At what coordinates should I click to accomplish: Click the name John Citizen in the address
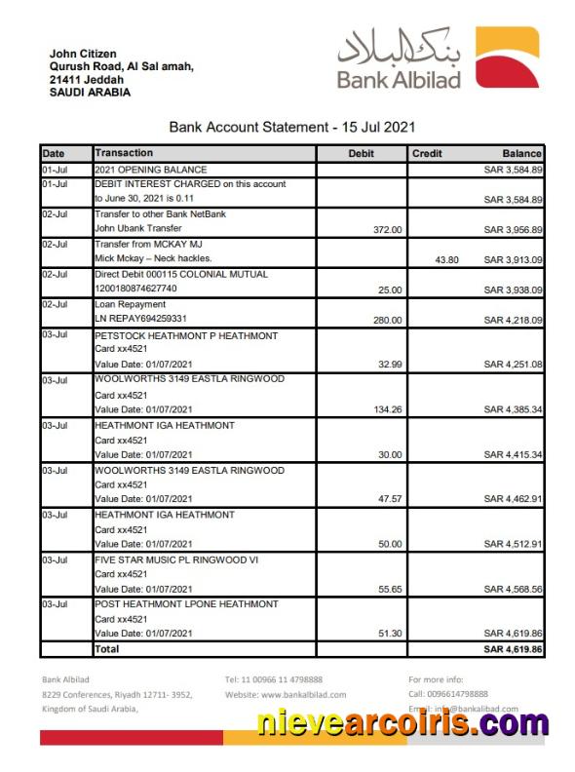pos(83,54)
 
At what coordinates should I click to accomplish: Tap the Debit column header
pos(361,154)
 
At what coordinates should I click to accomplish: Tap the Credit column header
pos(427,154)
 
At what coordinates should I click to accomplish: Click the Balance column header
pos(521,154)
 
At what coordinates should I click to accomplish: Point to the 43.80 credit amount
pos(444,260)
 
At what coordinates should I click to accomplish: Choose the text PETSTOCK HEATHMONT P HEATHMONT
pos(186,335)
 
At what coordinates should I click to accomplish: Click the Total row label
pos(106,648)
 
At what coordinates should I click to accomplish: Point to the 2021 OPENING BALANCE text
pos(150,170)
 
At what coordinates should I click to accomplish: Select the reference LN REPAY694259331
pos(140,320)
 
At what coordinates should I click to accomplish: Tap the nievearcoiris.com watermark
pos(403,724)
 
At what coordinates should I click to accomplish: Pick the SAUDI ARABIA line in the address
pos(90,93)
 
